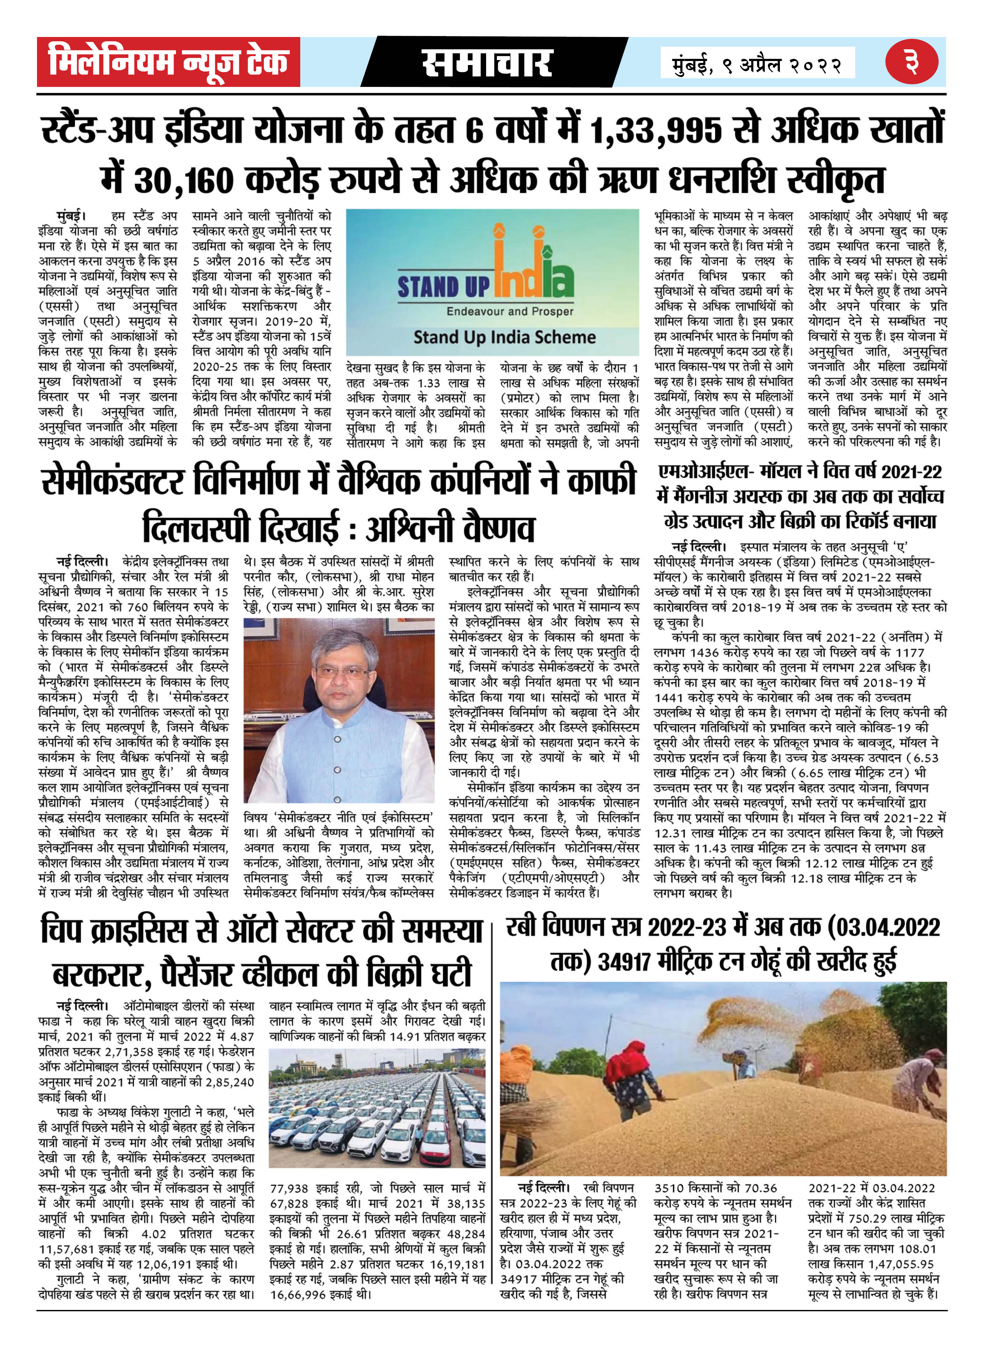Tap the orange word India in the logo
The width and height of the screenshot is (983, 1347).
[533, 275]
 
